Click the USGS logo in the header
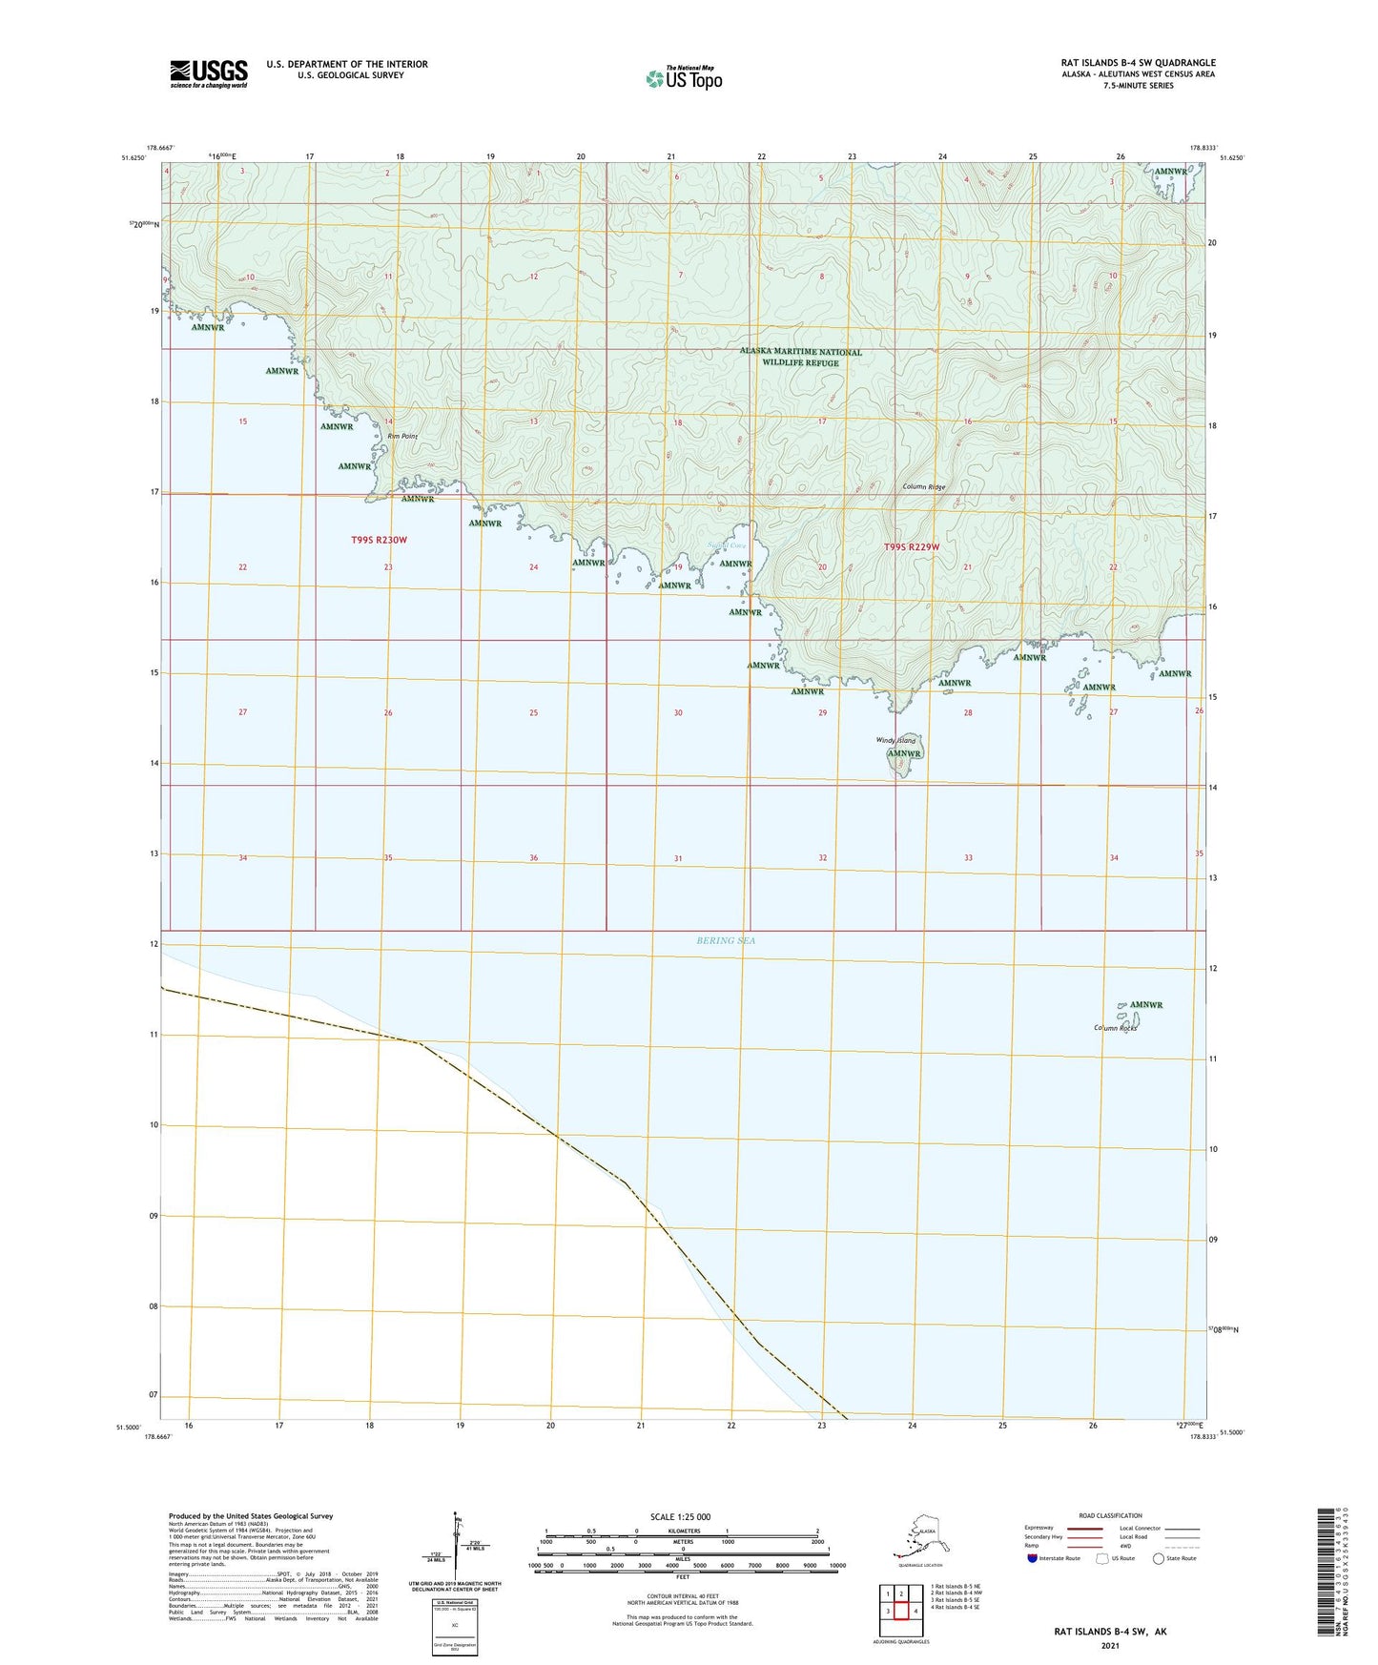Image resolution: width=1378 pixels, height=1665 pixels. [x=208, y=73]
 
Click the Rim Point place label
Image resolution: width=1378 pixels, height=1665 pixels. [x=402, y=436]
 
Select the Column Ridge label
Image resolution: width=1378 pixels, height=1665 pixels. [x=924, y=487]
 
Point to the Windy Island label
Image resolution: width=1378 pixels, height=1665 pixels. [x=895, y=740]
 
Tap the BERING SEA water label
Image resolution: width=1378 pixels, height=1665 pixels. [x=726, y=940]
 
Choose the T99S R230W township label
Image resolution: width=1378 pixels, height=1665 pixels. [x=379, y=540]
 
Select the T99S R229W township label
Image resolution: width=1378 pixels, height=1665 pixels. [x=912, y=546]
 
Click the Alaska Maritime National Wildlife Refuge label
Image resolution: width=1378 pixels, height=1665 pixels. [x=800, y=357]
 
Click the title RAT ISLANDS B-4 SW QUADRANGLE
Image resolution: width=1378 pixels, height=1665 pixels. [x=1138, y=63]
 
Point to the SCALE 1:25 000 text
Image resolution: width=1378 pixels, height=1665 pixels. [x=682, y=1516]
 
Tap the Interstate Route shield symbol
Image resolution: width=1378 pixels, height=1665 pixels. [x=1032, y=1557]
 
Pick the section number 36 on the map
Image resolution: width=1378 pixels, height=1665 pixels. [x=534, y=858]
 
